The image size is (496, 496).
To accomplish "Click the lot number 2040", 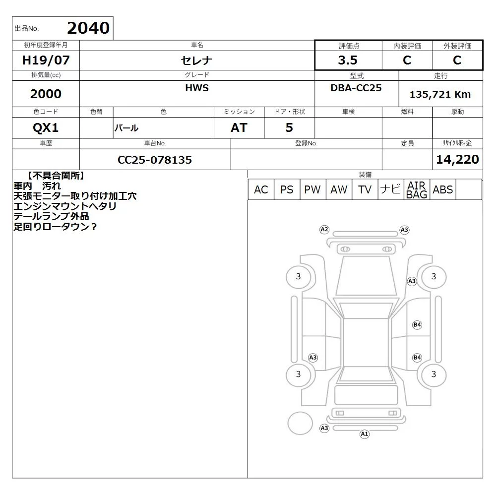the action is (88, 28).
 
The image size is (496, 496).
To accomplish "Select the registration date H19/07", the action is (46, 60).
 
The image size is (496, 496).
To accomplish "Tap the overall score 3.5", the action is (348, 60).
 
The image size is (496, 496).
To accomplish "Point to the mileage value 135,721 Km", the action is (440, 94).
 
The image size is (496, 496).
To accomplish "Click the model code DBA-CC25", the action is (356, 88).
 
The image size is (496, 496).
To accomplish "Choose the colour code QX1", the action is (46, 128).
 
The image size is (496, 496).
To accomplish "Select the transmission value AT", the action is (239, 128).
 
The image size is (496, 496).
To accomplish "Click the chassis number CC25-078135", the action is (155, 160).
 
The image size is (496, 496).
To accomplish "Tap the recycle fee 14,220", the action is (457, 159).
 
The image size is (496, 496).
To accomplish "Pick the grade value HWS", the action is (197, 88).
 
